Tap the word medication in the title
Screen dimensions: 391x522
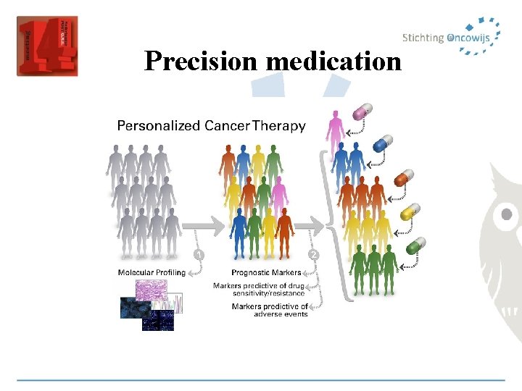[x=333, y=61]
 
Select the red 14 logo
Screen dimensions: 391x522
[x=46, y=46]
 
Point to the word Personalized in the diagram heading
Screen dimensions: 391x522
[x=158, y=126]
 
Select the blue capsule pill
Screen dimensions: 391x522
[x=381, y=142]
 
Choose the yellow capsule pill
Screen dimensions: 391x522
[x=410, y=211]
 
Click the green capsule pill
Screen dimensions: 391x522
[x=415, y=245]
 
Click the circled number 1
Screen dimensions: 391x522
[x=198, y=255]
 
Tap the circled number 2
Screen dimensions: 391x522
[x=314, y=255]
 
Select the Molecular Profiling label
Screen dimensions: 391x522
[x=152, y=273]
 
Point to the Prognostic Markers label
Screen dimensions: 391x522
[x=265, y=273]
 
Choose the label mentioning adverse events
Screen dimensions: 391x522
[x=270, y=311]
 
